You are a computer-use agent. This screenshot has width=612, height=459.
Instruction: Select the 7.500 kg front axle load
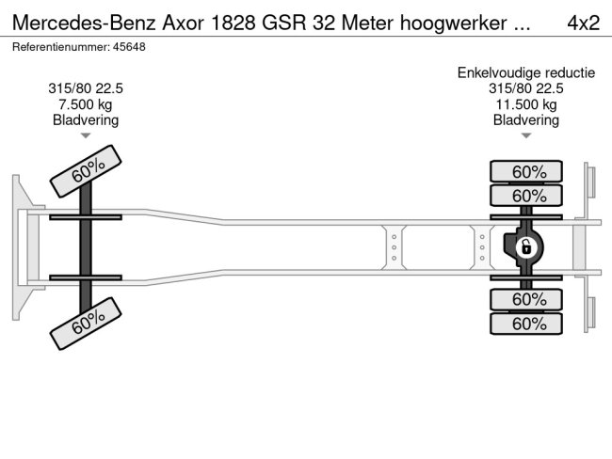tap(86, 104)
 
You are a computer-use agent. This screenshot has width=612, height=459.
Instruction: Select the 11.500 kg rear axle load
tap(526, 104)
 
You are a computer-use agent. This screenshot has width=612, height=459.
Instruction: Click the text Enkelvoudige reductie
tap(526, 72)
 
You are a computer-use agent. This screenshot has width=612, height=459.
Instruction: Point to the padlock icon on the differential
tap(526, 247)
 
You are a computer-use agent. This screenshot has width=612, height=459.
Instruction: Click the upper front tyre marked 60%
tap(87, 171)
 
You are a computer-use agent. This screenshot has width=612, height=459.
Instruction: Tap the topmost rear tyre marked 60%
tap(526, 172)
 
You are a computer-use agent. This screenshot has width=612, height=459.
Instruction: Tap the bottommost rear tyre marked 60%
tap(526, 324)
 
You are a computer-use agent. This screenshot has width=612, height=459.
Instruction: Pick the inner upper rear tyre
tap(526, 196)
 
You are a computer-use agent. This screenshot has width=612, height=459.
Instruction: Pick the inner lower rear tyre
tap(526, 300)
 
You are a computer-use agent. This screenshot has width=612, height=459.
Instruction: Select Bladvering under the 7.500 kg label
tap(86, 120)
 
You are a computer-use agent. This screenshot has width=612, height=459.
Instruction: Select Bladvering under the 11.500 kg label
tap(526, 120)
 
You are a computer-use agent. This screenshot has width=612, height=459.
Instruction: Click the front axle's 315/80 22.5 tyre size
tap(86, 88)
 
